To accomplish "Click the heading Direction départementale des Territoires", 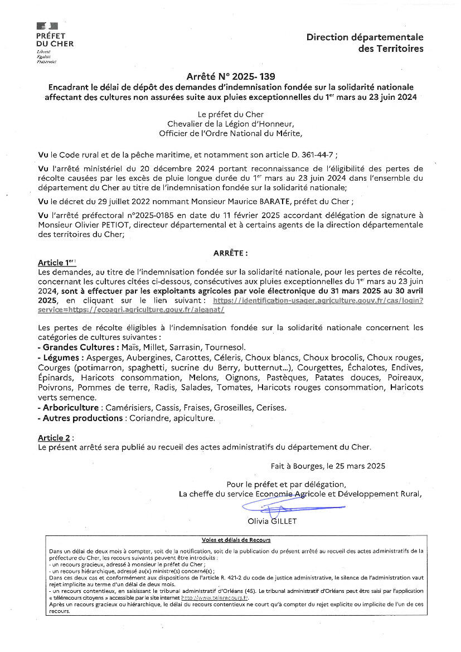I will click(x=365, y=43).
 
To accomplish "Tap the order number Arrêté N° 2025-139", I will click(x=231, y=76).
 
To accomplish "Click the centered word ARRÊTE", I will click(x=230, y=253).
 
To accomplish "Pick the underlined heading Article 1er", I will click(x=56, y=262).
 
